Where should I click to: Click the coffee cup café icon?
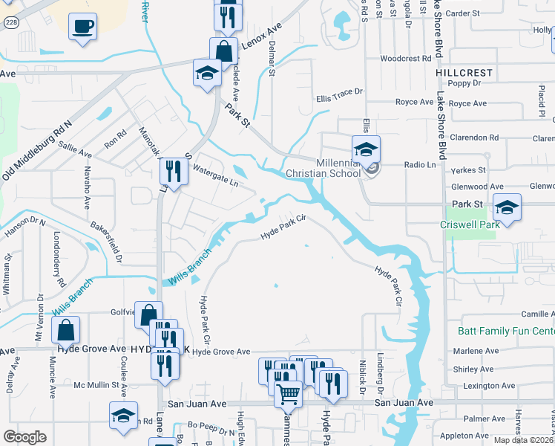82,28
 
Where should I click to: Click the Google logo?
24,437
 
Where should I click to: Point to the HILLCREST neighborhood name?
464,73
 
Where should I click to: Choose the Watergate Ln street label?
214,175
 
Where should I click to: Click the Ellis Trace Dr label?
339,92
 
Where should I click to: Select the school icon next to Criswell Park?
507,207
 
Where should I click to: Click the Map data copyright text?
523,440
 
